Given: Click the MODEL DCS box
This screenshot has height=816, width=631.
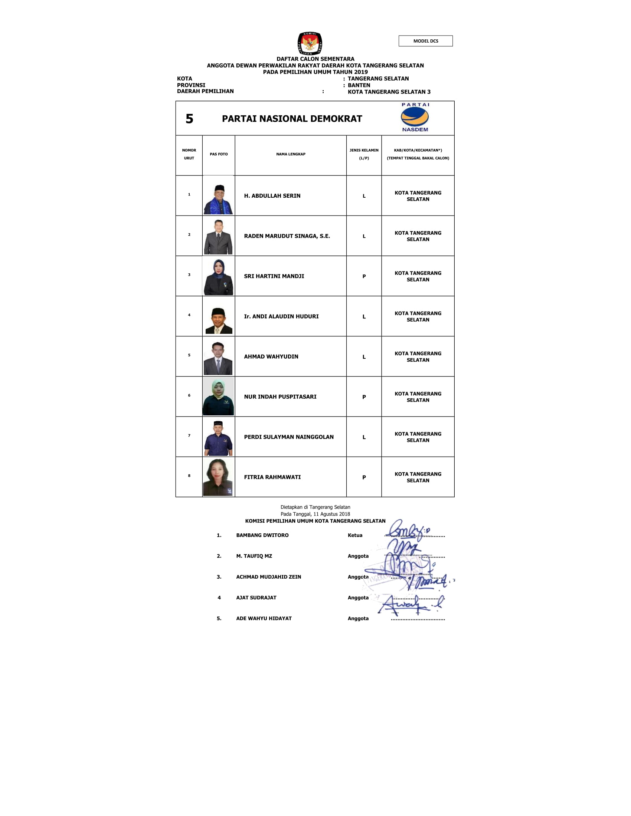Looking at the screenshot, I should (425, 41).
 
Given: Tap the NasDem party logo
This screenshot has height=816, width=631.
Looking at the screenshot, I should (415, 117).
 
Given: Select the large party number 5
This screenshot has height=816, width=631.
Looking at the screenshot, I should (190, 119).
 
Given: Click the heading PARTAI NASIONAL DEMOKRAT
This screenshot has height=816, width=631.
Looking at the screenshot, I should (292, 119).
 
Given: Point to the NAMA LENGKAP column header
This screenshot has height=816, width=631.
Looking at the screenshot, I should (291, 154).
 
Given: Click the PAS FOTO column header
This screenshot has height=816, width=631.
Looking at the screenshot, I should (219, 154).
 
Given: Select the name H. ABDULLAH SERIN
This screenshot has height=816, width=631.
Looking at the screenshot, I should (272, 196).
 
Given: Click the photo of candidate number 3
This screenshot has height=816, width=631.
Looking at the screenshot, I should (219, 277).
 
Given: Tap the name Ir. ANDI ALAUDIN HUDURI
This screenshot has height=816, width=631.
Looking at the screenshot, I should (281, 316).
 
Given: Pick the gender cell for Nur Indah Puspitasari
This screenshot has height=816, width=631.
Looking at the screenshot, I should (364, 397).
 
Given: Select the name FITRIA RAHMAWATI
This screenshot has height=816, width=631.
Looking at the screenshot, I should (272, 477).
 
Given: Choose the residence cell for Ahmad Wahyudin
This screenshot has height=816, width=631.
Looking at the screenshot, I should (418, 357).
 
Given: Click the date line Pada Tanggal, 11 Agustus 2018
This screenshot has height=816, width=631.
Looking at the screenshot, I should (315, 514).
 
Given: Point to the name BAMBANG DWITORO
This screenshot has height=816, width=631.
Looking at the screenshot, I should (262, 535).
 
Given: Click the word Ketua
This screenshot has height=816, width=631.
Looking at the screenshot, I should (355, 535).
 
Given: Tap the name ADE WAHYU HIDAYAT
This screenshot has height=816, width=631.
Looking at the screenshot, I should (264, 618).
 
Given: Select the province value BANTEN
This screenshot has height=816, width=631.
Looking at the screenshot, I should (359, 85).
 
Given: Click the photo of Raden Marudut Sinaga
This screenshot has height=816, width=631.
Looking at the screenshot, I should (219, 237).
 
